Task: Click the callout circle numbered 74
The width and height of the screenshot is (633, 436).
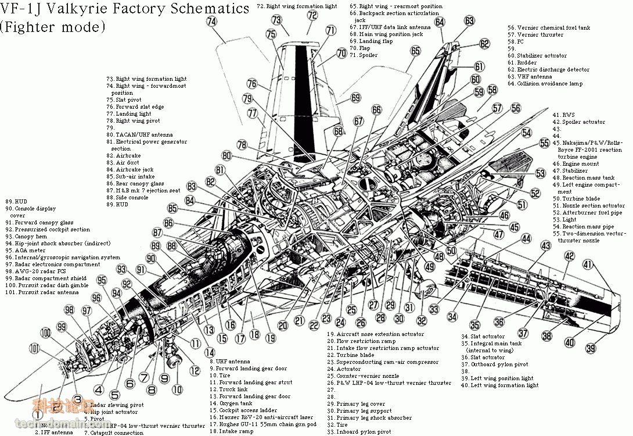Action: tap(211, 21)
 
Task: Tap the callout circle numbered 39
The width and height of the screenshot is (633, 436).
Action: tap(591, 349)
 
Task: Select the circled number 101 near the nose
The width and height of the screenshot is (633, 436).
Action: tap(35, 349)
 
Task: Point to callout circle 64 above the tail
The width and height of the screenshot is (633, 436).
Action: tap(440, 22)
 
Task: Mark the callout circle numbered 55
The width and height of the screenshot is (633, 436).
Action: tap(544, 143)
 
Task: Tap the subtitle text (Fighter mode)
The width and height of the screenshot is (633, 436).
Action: tap(53, 26)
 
